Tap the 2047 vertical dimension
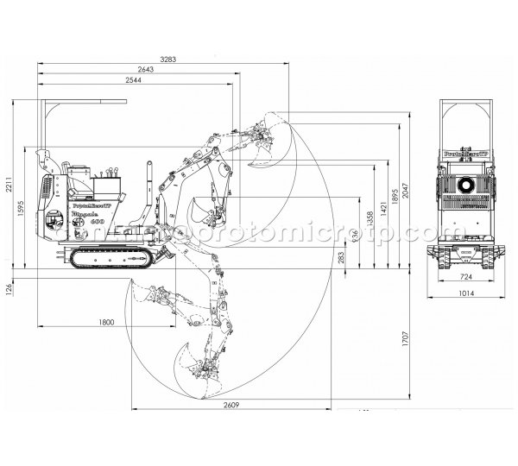[x=405, y=198]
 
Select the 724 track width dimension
[x=464, y=278]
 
